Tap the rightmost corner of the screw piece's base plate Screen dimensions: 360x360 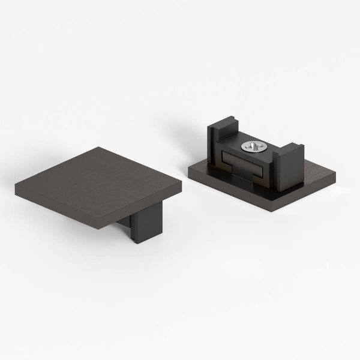click(335, 175)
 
